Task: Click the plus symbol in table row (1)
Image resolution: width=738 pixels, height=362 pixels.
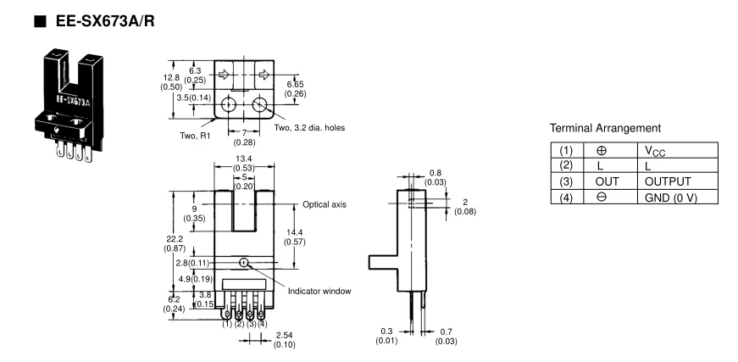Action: coord(613,152)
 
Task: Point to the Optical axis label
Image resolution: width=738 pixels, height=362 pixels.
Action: coord(325,205)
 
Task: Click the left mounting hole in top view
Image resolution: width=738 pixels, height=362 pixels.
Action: coord(227,107)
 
